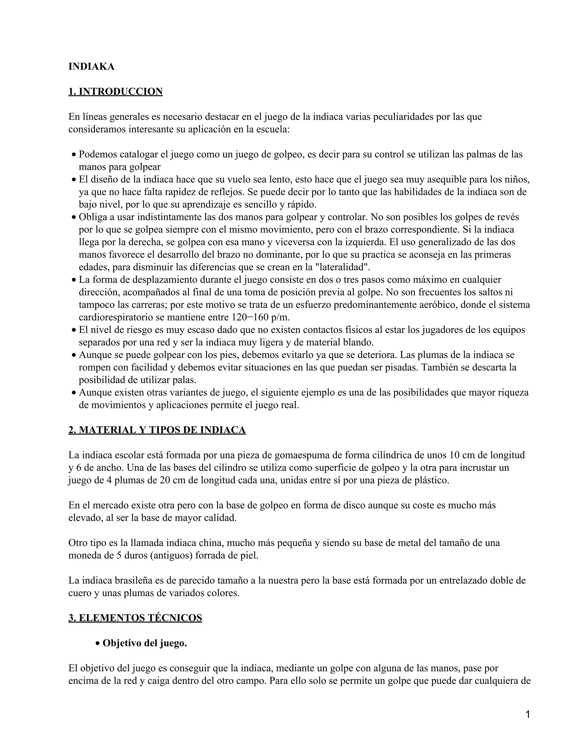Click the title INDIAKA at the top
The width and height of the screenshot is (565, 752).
(x=91, y=67)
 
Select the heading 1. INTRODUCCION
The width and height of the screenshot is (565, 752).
(x=115, y=92)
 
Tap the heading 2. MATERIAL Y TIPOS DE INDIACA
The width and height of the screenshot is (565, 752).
(x=157, y=430)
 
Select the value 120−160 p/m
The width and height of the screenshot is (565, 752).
(x=260, y=317)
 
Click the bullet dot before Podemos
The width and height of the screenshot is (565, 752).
(x=74, y=155)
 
